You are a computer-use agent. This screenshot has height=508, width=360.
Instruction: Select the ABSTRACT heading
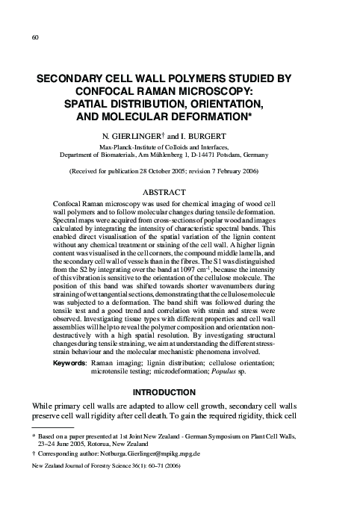(x=179, y=191)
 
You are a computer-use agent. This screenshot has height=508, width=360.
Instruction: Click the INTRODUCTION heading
(x=179, y=391)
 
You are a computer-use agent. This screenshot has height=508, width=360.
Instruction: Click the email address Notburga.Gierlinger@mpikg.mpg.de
(x=190, y=473)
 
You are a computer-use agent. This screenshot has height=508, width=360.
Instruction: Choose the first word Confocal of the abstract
(x=69, y=203)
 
